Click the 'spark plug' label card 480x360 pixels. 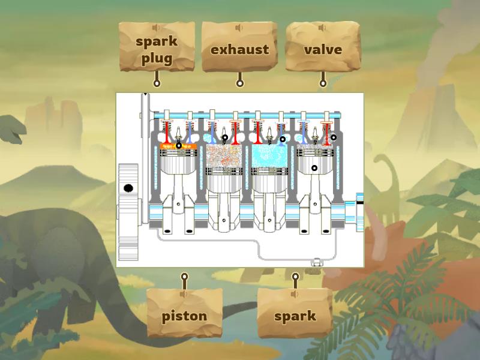pos(157,50)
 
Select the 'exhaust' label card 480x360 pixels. pos(239,50)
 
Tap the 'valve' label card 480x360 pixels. pos(323,50)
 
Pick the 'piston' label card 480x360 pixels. pos(185,316)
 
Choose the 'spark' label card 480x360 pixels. pos(295,316)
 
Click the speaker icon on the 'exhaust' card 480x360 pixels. pos(239,28)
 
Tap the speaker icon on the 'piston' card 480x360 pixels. pos(185,294)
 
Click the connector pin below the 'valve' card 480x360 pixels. pos(323,83)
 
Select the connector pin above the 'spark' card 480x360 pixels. pos(295,277)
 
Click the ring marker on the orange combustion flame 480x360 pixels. pos(178,145)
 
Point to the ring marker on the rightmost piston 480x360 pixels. pos(314,168)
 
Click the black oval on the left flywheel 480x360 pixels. pos(128,188)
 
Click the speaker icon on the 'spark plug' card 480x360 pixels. pos(157,28)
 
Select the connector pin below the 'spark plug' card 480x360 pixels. pos(157,83)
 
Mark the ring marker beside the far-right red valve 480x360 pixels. pos(334,137)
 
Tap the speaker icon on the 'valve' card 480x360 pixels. pos(323,28)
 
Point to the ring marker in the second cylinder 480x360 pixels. pos(225,137)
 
